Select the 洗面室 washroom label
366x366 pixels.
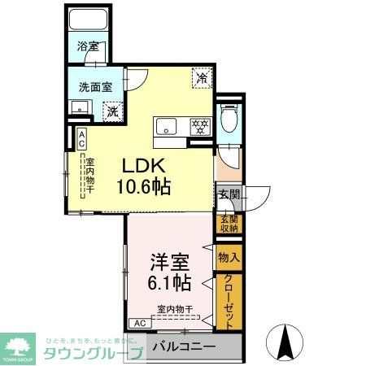[95, 87]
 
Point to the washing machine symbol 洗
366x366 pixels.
[114, 110]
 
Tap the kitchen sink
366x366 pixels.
[166, 126]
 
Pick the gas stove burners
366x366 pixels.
[200, 126]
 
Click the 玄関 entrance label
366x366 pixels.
[229, 194]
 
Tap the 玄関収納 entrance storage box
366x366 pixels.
[227, 224]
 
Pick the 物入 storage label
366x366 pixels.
[228, 258]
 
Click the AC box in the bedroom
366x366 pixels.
[138, 323]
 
